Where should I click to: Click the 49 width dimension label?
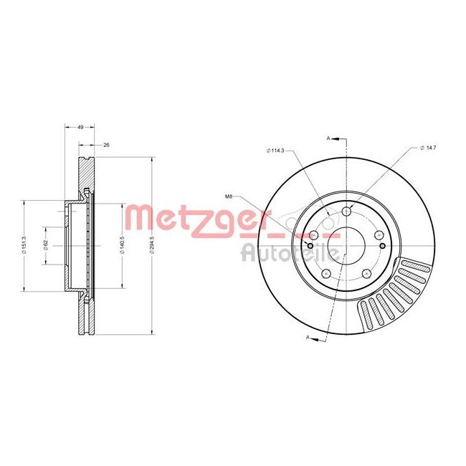[x=81, y=126]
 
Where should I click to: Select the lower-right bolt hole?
[x=367, y=272]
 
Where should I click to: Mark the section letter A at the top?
[x=328, y=137]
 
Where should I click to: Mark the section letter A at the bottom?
[x=308, y=337]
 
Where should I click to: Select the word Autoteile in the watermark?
[x=280, y=252]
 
